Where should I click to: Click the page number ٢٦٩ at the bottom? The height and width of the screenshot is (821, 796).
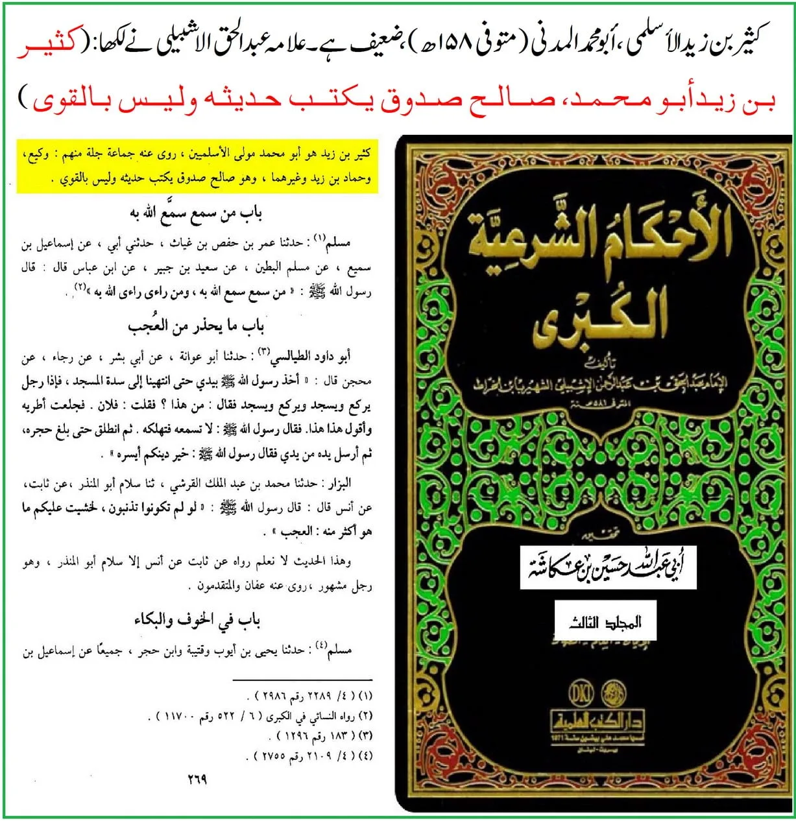(x=197, y=778)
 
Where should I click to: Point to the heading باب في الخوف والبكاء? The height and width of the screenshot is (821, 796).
(x=197, y=620)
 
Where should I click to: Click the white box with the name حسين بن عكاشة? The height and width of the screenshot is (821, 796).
(x=608, y=565)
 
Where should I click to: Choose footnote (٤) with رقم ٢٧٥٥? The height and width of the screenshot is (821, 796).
(x=311, y=756)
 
